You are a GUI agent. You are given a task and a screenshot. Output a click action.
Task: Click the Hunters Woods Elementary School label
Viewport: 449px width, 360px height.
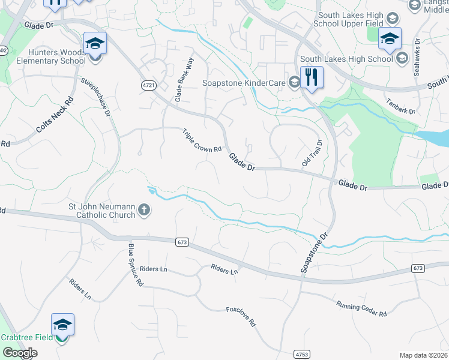pyautogui.click(x=51, y=56)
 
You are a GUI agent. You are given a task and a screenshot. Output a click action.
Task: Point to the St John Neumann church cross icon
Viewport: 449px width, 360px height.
pyautogui.click(x=143, y=210)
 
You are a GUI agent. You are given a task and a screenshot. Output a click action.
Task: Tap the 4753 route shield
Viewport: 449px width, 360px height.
pyautogui.click(x=302, y=355)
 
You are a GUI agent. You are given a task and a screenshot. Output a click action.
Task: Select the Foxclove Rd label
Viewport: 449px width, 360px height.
pyautogui.click(x=241, y=316)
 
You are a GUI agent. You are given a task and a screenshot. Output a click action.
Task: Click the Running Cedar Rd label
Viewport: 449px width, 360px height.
pyautogui.click(x=361, y=309)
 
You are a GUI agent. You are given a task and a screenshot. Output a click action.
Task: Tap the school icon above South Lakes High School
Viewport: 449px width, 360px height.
pyautogui.click(x=390, y=38)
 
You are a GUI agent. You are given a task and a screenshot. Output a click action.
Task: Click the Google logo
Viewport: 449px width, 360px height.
pyautogui.click(x=19, y=353)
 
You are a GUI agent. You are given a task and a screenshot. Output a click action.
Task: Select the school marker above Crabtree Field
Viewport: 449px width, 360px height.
pyautogui.click(x=62, y=325)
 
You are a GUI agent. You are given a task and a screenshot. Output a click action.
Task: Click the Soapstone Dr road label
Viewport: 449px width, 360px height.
pyautogui.click(x=316, y=253)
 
